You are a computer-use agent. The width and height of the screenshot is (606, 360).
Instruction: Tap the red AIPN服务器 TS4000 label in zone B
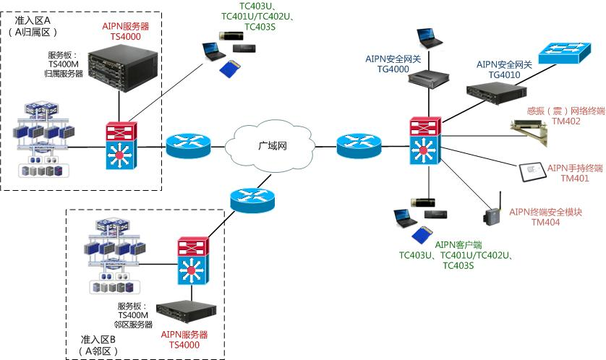coord(184,340)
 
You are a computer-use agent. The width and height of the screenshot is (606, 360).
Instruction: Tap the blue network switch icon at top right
coord(568,51)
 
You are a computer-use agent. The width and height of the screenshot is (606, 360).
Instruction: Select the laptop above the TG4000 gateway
coord(427,39)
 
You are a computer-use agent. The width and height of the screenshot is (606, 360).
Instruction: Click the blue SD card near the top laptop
coord(229,69)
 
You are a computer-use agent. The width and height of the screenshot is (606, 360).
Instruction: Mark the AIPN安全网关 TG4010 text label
coord(504,69)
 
